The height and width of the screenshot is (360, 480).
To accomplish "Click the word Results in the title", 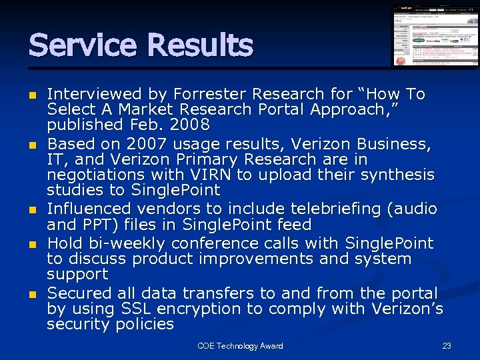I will pos(199,45).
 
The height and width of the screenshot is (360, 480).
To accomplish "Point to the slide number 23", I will pos(447,346).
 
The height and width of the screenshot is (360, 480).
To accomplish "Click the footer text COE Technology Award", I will pos(240,346).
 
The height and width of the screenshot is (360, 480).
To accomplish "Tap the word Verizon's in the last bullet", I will pos(406,309).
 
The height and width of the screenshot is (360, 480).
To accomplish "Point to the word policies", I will pos(144,325).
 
